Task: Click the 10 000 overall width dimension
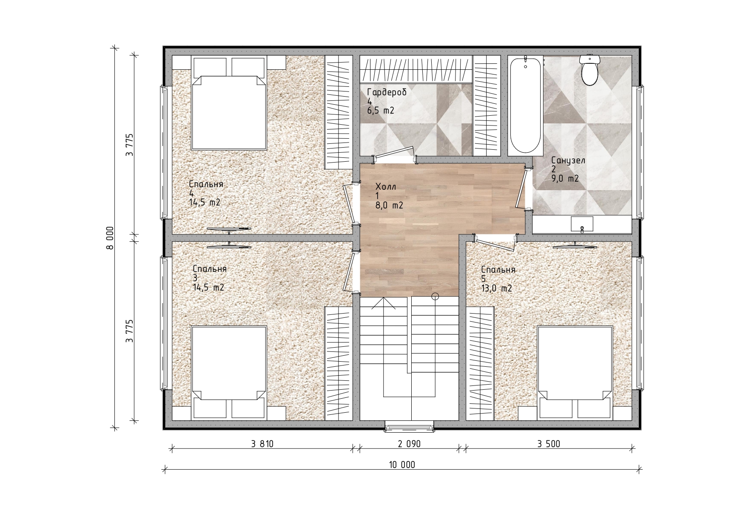coord(401,465)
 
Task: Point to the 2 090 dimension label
coord(409,444)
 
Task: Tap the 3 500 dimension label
coord(549,444)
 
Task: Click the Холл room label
coord(386,187)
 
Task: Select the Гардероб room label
coord(387,92)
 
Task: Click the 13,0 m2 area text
coord(496,288)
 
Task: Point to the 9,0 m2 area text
coord(565,179)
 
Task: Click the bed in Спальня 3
coord(229,372)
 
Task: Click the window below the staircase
coord(410,426)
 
